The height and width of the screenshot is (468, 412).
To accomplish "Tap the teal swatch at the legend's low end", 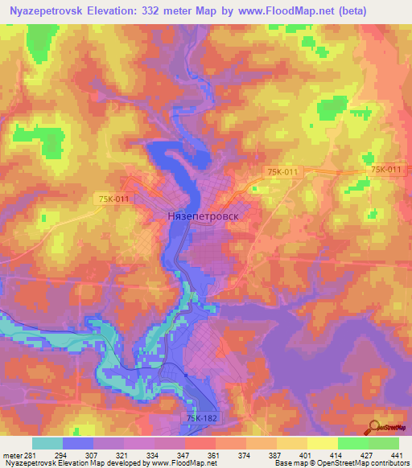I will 47,443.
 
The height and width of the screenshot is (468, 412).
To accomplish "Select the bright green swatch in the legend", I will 352,443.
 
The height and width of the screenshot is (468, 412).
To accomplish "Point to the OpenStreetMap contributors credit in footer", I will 367,463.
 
